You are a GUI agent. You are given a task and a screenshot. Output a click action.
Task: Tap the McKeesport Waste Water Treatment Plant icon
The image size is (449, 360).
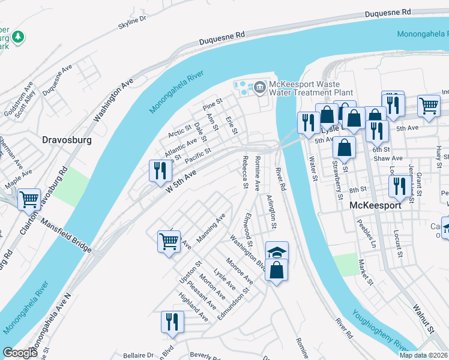point(259,88)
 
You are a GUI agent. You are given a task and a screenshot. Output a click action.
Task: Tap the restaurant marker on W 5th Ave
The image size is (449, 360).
point(160,170)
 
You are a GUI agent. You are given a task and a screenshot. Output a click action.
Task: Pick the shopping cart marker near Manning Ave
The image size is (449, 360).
point(169,242)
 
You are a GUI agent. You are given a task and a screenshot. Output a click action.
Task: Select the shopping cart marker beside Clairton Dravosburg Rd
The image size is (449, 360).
point(29,199)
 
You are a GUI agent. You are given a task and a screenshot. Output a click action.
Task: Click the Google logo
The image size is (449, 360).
point(20,353)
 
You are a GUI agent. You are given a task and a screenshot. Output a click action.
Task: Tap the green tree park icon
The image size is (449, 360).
point(19,37)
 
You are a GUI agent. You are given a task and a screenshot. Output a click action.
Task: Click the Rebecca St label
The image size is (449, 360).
point(244,172)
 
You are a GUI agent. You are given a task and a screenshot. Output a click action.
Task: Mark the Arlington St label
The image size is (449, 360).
point(271,211)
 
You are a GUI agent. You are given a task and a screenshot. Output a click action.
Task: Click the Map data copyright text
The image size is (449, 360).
point(423,355)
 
